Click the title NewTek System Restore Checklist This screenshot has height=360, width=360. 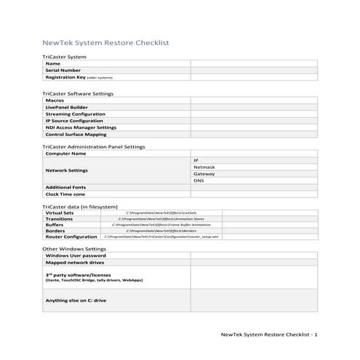click(106, 43)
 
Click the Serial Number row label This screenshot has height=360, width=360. click(63, 70)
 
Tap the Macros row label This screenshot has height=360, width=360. click(55, 100)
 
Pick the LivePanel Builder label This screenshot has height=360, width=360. click(66, 107)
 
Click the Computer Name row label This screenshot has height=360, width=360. click(65, 153)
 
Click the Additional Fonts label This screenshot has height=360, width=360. click(65, 188)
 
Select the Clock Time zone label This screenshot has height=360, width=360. click(65, 194)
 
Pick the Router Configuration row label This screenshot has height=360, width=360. click(71, 236)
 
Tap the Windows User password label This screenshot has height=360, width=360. click(76, 255)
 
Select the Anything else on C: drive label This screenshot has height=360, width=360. click(76, 300)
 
